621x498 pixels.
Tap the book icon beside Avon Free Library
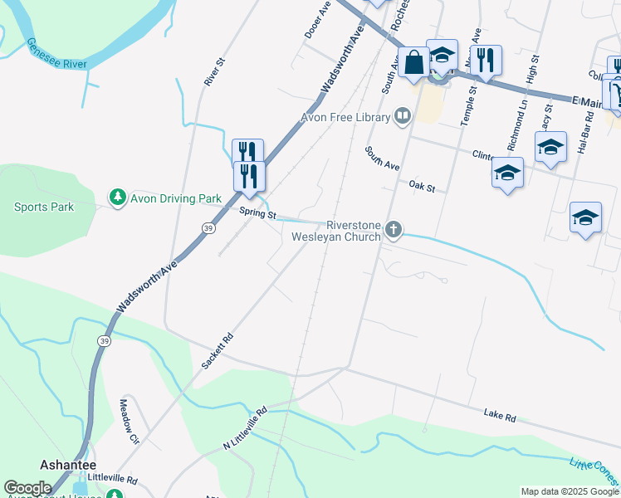pos(403,115)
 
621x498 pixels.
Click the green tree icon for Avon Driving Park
pos(118,198)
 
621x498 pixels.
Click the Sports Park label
pos(44,207)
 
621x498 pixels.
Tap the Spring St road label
pos(257,214)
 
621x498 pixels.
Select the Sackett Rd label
pos(218,352)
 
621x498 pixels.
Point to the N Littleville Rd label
pos(244,429)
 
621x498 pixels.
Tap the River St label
pos(215,72)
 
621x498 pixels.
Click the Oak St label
pos(422,188)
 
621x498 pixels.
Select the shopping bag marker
pos(413,61)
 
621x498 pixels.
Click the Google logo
pos(27,488)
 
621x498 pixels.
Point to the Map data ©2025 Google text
pos(569,491)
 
